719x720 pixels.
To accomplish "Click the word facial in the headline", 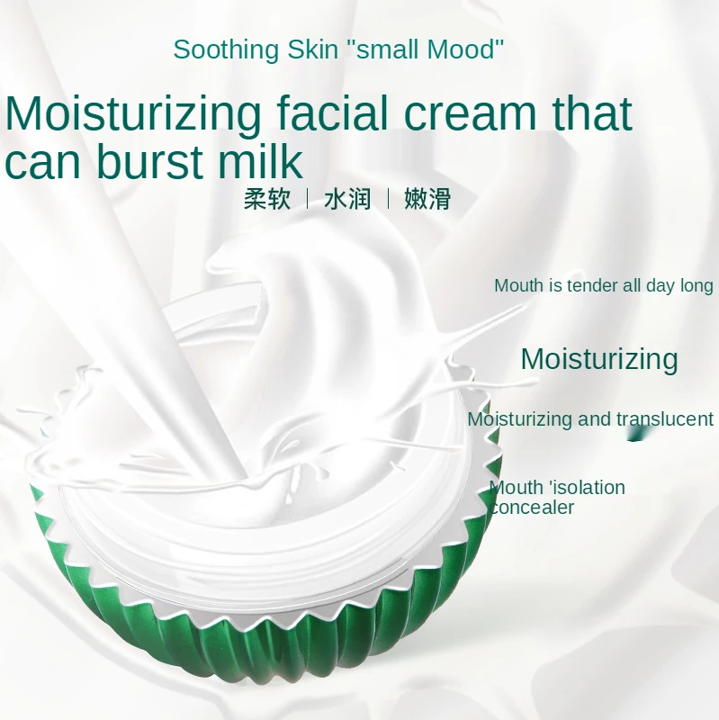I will tap(329, 114).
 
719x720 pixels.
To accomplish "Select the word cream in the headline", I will tap(474, 114).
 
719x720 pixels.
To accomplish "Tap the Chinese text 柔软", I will tap(267, 199).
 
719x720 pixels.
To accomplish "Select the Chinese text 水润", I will tap(347, 199).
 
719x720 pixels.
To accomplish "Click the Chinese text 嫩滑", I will tap(427, 199).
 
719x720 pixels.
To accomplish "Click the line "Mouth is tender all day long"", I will tap(603, 286).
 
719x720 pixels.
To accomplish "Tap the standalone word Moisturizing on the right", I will tap(599, 359).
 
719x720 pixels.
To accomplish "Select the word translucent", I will tap(665, 419).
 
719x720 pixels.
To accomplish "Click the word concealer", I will tap(533, 508).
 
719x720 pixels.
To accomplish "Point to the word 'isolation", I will tap(586, 488).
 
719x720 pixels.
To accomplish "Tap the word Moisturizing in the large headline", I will tap(133, 114).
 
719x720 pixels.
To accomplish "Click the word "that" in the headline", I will tap(592, 114).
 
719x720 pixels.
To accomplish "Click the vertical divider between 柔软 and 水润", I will tap(308, 199).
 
